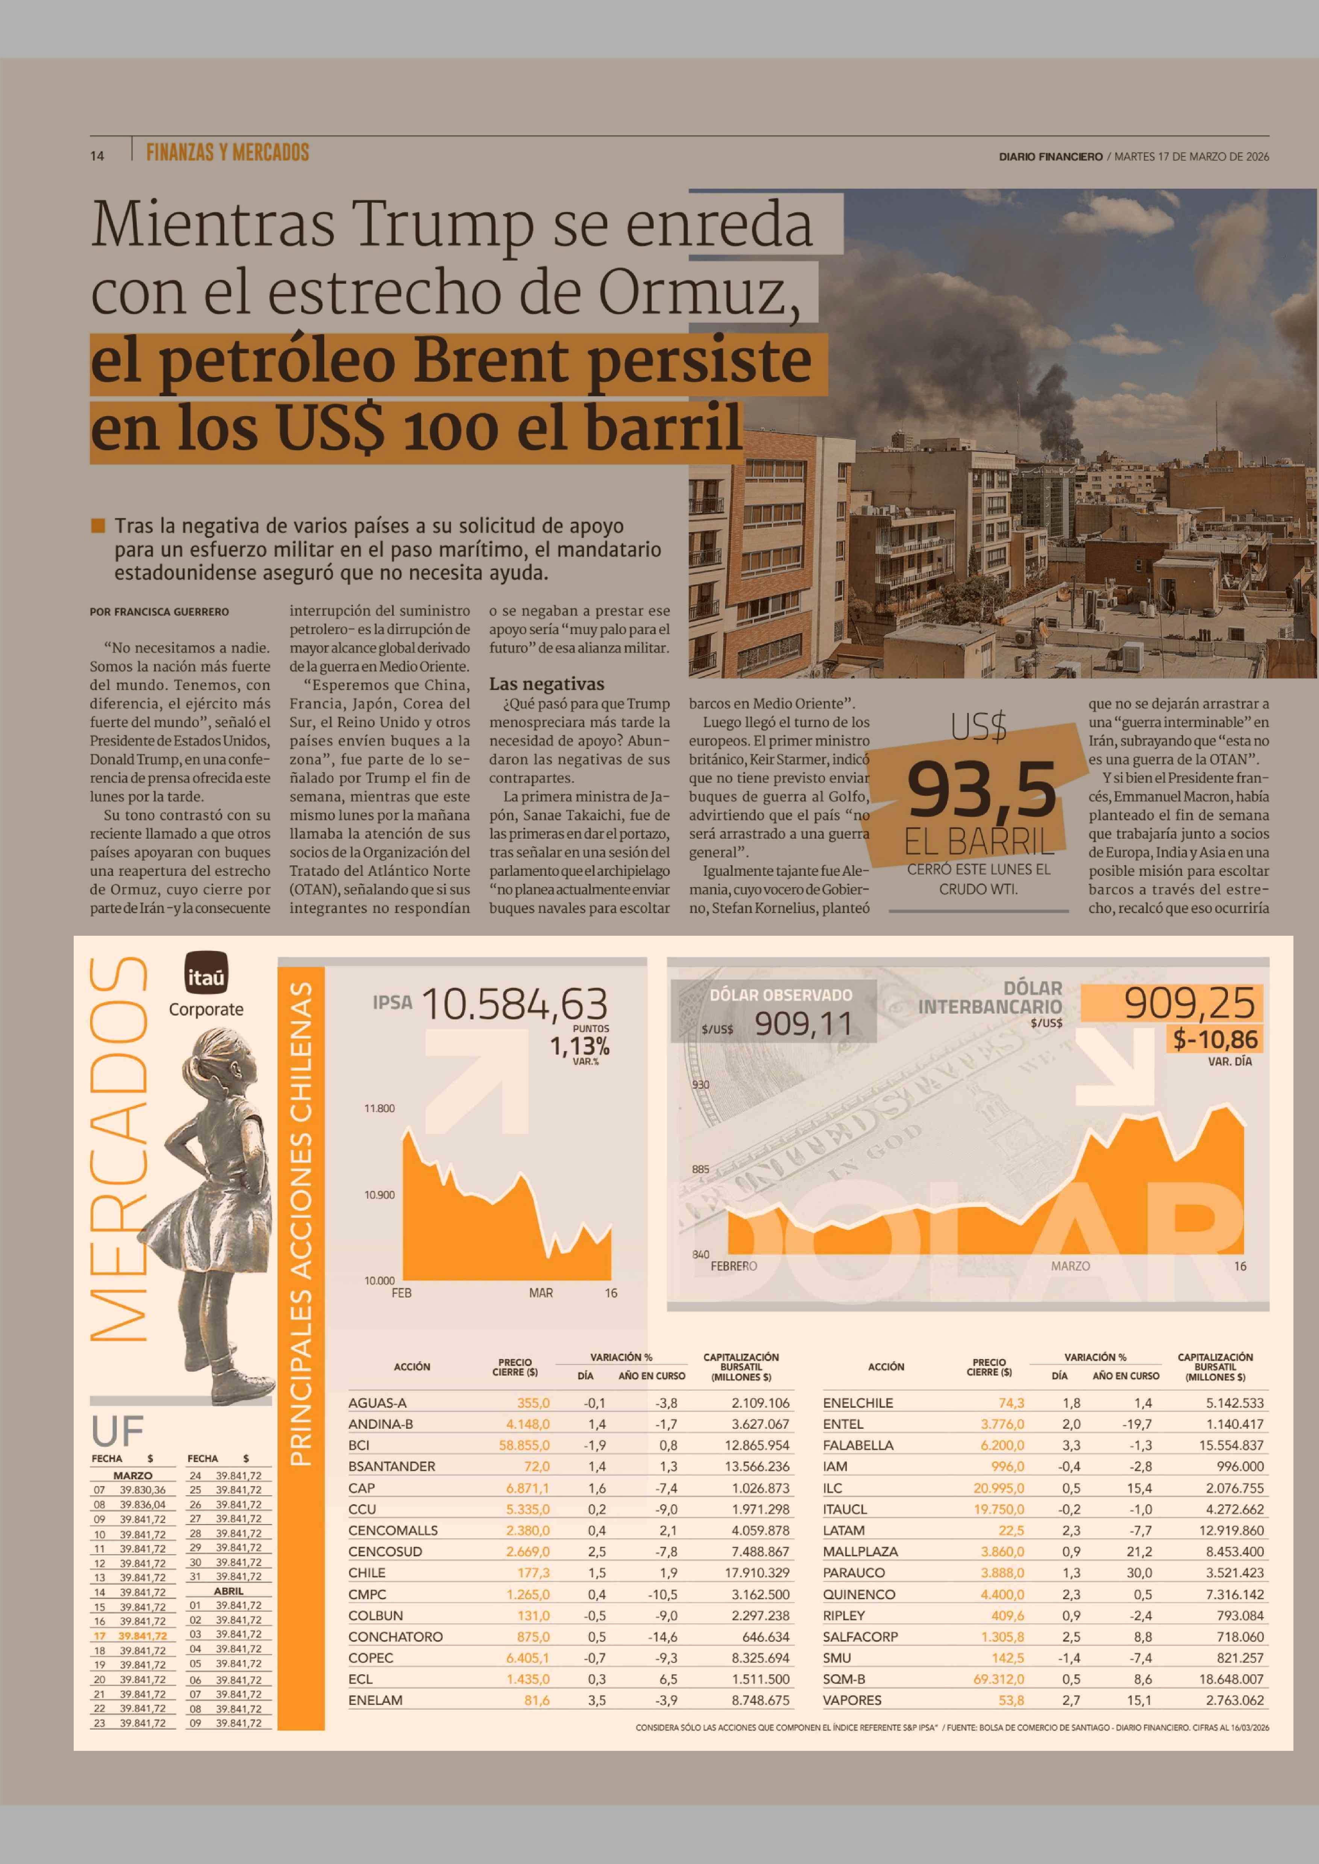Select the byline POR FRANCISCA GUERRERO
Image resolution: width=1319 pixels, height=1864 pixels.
point(159,612)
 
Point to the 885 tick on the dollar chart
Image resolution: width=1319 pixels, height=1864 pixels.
point(700,1170)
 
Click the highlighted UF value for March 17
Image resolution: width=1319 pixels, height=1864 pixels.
point(142,1636)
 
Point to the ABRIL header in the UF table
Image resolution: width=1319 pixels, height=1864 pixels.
point(228,1591)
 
